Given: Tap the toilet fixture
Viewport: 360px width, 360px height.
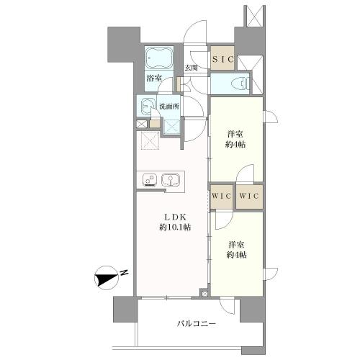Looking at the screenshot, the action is tap(240, 84).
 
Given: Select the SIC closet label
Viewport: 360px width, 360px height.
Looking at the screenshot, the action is tap(222, 59).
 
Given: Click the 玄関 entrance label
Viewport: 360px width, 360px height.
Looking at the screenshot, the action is tap(191, 68).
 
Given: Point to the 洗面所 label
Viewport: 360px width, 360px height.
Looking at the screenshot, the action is tap(169, 107).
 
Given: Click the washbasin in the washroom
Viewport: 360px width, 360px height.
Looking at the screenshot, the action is tap(146, 107).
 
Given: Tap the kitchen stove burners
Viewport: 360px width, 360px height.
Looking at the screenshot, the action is tap(150, 180).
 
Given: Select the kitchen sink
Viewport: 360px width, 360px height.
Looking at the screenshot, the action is tap(171, 180).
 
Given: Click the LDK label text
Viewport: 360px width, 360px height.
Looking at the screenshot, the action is tap(175, 217).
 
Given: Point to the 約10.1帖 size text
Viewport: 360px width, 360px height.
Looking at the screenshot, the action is tap(175, 227).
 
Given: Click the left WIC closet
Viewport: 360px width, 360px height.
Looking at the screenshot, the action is tap(222, 197).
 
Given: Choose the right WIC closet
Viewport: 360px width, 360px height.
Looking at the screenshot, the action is tap(249, 197).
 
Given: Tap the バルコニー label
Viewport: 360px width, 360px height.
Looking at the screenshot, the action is tap(197, 324).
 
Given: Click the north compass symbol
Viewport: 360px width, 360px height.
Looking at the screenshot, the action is tap(107, 278).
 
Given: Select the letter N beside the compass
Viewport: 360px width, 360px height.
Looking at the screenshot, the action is tap(124, 273).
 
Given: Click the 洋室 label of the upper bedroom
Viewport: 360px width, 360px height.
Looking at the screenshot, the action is tap(235, 134).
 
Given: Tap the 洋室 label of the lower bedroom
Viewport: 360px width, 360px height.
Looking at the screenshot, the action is tap(236, 245).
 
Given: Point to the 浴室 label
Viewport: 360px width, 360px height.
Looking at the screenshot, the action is tap(154, 78).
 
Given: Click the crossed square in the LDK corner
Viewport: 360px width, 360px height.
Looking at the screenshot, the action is tap(150, 140).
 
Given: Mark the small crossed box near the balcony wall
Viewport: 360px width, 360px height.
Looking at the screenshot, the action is tap(204, 294).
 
